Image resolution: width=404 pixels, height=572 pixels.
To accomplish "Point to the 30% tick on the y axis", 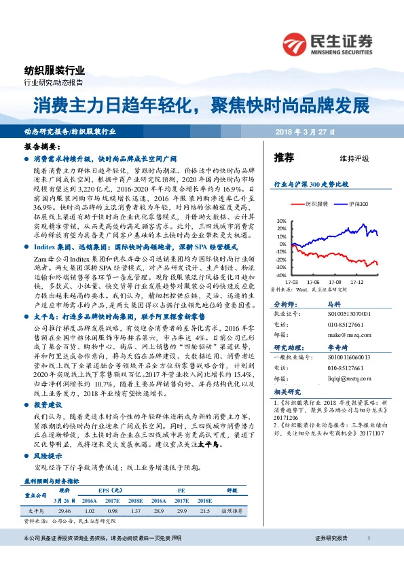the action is (x=282, y=221).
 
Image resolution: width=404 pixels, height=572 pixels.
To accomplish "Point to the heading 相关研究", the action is (x=286, y=391).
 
